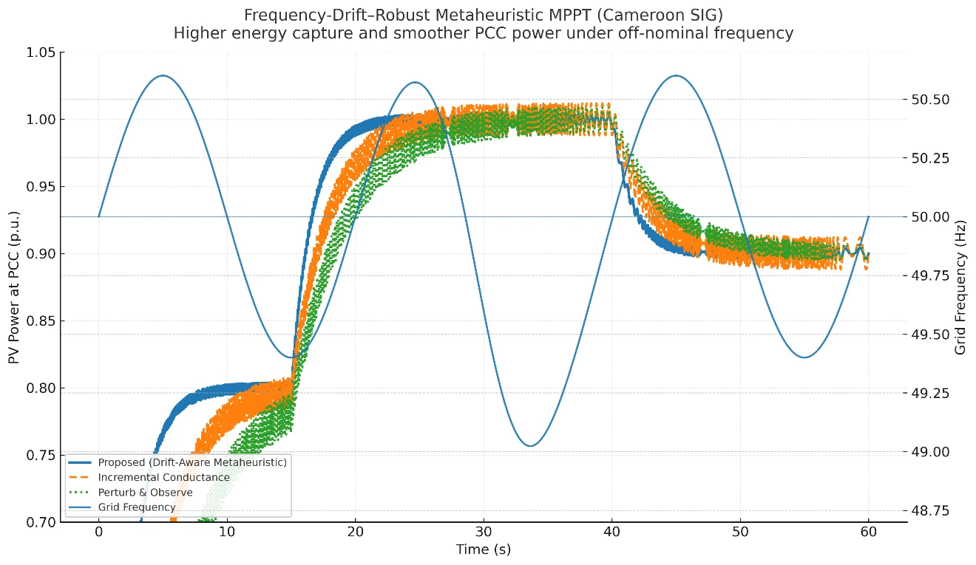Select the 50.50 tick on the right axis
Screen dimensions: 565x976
tap(929, 100)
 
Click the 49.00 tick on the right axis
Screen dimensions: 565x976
tap(929, 452)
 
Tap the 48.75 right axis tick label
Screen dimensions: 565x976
tap(929, 510)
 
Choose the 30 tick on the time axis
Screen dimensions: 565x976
tap(484, 533)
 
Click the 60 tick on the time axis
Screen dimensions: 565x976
tap(868, 533)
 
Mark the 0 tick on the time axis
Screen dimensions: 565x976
tap(99, 533)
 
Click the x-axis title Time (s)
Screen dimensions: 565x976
tap(484, 550)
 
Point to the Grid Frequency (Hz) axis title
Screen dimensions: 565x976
tap(961, 286)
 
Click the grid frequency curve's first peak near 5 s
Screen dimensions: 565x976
tap(163, 75)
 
